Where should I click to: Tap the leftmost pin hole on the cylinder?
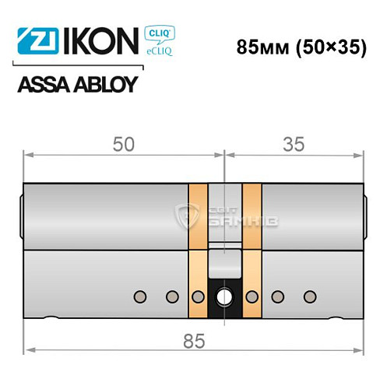coord(139,296)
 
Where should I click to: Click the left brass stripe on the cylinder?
coord(199,249)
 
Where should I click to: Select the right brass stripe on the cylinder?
coord(252,249)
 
